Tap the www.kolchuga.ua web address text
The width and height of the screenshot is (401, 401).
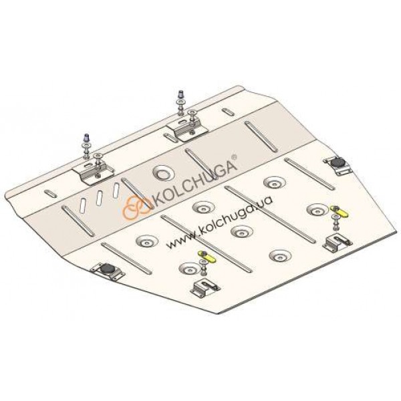click(x=219, y=221)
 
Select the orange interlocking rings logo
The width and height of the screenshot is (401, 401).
click(x=136, y=208)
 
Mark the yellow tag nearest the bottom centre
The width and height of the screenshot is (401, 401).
click(x=207, y=256)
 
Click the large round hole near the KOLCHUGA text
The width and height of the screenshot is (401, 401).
click(x=164, y=173)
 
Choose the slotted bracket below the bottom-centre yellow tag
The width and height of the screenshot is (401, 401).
click(x=205, y=289)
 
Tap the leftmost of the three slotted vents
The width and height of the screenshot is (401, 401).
click(x=84, y=205)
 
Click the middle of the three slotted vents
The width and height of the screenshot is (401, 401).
click(x=100, y=198)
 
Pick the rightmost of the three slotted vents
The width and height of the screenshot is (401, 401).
click(x=116, y=190)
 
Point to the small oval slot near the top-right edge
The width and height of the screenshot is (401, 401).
click(x=227, y=112)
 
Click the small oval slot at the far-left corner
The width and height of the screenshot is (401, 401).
click(x=50, y=194)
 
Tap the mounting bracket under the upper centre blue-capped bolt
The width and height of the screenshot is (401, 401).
click(x=187, y=130)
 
